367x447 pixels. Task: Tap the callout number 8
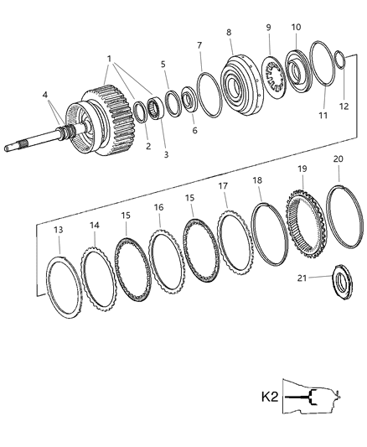coord(228,33)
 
